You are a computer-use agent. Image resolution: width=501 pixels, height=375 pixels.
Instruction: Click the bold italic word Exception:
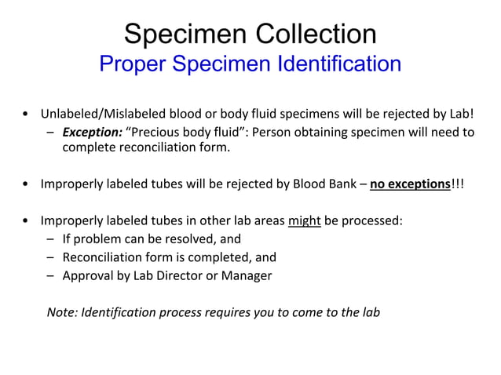click(x=92, y=132)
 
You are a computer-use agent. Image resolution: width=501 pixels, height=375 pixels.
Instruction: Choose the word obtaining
click(x=335, y=132)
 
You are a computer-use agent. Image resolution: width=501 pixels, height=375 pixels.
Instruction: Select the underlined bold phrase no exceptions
click(x=410, y=186)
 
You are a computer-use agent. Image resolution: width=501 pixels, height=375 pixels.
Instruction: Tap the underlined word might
click(x=304, y=220)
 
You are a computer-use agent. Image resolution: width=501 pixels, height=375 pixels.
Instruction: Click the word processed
click(x=372, y=220)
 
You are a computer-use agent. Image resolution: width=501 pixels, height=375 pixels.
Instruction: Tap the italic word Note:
click(x=63, y=311)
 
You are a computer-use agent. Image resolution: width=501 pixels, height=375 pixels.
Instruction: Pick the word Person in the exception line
click(x=270, y=132)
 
